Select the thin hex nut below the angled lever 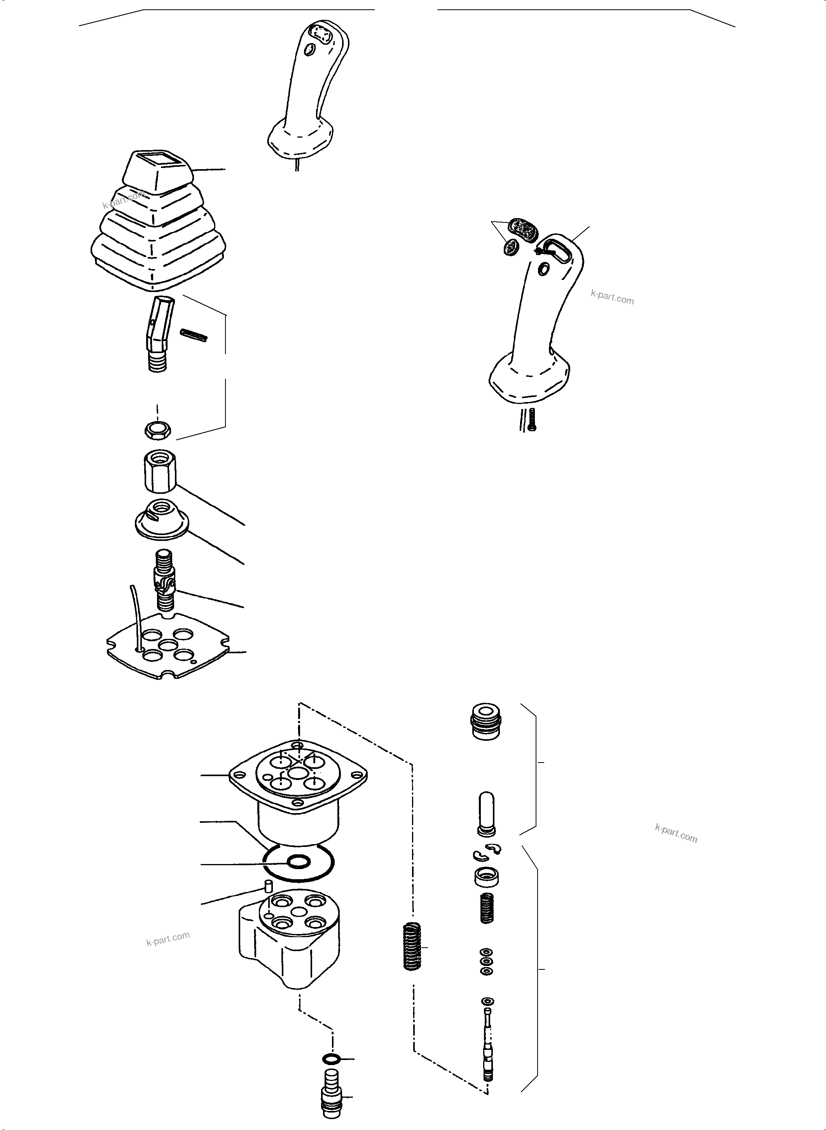159,430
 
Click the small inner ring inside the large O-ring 298,861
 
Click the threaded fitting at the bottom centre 330,1098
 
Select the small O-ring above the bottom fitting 331,1058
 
